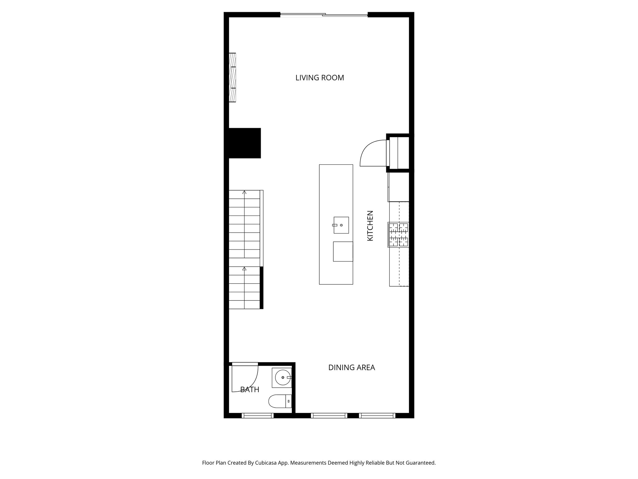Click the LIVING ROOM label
click(320, 78)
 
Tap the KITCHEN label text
click(370, 226)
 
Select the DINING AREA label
click(351, 368)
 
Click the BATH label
click(250, 389)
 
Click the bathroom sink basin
click(282, 378)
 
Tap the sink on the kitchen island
click(341, 225)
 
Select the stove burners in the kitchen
click(398, 235)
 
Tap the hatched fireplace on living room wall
click(232, 77)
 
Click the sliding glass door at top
click(324, 14)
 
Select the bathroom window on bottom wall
click(258, 415)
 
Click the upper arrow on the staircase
click(245, 192)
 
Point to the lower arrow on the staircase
click(245, 269)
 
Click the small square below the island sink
click(343, 251)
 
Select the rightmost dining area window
click(377, 415)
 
